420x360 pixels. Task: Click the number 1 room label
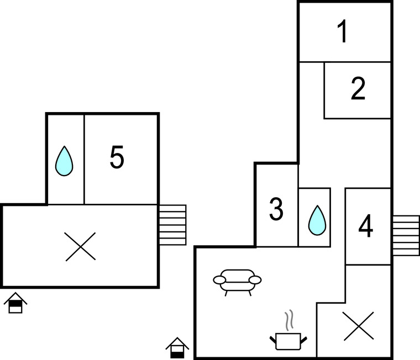[343, 32]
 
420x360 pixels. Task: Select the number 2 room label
[358, 89]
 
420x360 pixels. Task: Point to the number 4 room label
[365, 227]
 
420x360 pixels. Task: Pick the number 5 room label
[117, 158]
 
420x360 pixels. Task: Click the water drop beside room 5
[64, 161]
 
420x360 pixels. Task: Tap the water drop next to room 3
[317, 219]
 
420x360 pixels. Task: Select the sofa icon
[237, 280]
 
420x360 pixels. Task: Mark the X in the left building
[80, 246]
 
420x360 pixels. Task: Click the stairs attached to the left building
[172, 225]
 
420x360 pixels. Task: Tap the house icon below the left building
[15, 303]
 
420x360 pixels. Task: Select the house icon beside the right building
[177, 347]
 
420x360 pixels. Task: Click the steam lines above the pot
[288, 320]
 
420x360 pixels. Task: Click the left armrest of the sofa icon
[219, 280]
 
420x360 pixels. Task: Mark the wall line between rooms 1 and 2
[345, 62]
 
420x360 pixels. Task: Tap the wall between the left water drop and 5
[84, 159]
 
